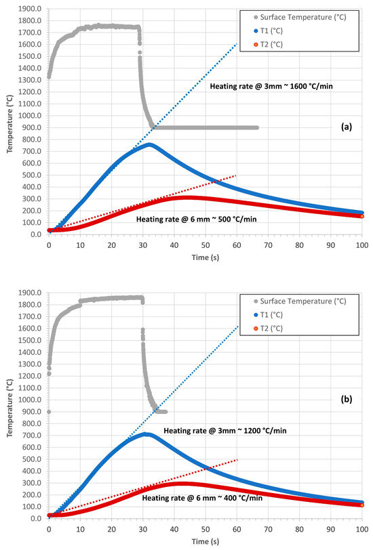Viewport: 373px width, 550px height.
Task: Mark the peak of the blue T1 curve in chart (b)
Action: [145, 433]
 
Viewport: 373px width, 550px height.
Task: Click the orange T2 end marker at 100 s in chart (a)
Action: [362, 215]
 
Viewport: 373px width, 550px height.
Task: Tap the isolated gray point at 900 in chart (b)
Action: [48, 411]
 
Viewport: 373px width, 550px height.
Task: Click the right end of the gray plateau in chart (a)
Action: [257, 127]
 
